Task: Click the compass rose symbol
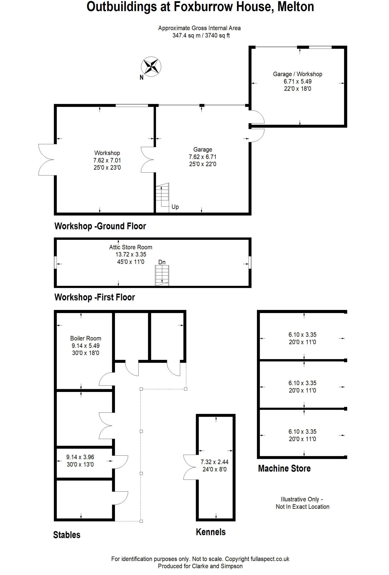click(151, 67)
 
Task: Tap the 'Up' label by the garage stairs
click(175, 207)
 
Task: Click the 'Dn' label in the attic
click(162, 262)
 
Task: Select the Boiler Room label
click(85, 338)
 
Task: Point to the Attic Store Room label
click(131, 247)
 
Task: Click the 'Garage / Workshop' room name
click(297, 74)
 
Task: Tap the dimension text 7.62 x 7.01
click(107, 160)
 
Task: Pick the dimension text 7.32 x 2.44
click(214, 462)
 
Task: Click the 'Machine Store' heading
click(284, 468)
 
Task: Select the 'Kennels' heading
click(211, 532)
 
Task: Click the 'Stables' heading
click(67, 535)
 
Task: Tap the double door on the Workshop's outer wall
click(46, 160)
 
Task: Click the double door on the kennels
click(190, 467)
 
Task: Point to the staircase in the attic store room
click(162, 275)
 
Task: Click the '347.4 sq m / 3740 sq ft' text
click(201, 36)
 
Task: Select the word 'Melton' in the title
click(296, 7)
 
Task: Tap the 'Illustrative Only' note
click(302, 499)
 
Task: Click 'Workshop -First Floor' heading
click(95, 297)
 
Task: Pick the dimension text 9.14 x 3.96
click(80, 457)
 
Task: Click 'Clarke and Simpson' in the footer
click(217, 566)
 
